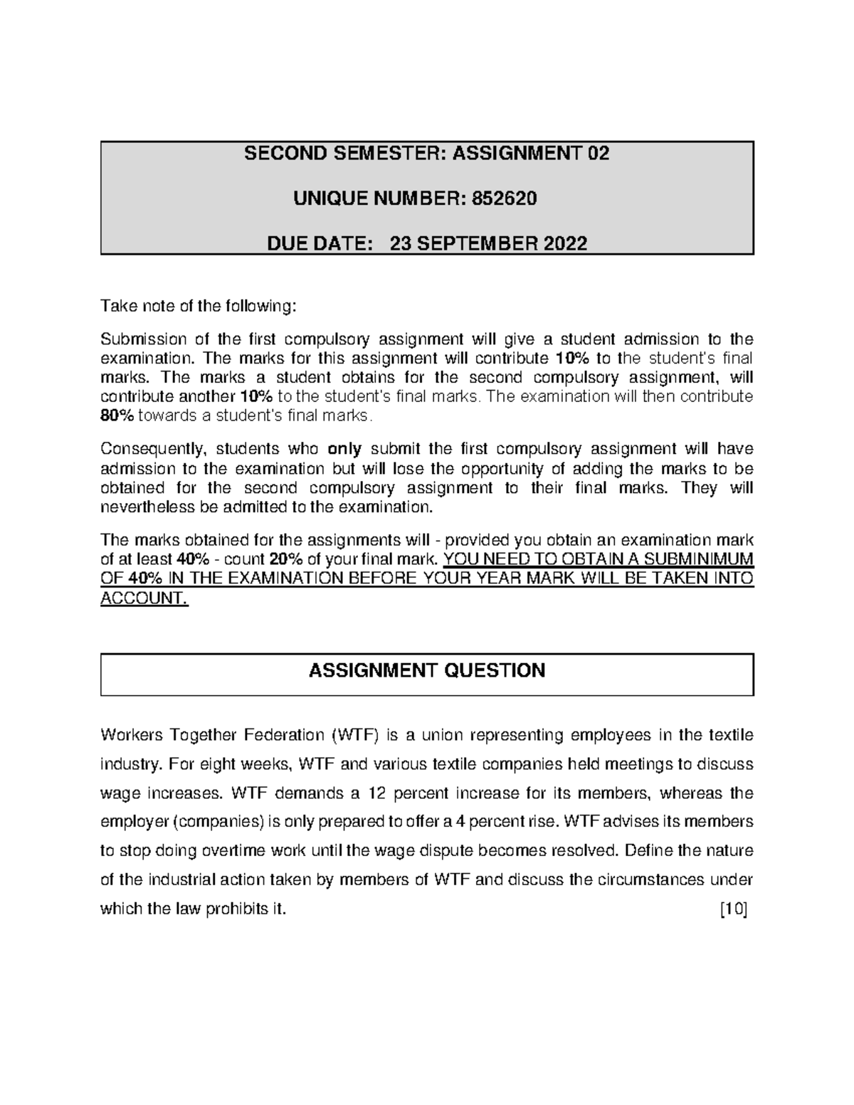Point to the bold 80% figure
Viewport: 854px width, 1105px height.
click(117, 416)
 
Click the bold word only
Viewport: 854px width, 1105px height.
click(344, 449)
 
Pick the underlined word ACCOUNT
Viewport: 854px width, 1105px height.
click(144, 598)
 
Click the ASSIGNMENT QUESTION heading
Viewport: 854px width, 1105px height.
click(427, 670)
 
